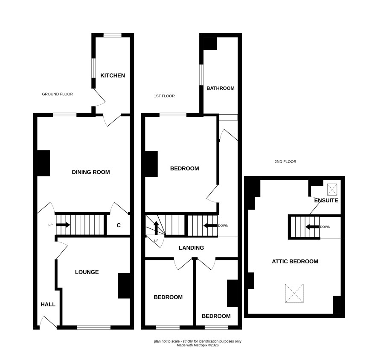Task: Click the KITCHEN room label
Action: click(x=113, y=75)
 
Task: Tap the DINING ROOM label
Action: click(x=91, y=172)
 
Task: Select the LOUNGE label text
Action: click(x=87, y=272)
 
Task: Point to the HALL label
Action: click(x=48, y=305)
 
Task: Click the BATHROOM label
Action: click(x=221, y=88)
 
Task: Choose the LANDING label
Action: click(x=192, y=248)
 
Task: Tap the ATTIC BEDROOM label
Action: click(x=295, y=262)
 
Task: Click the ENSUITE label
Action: click(x=326, y=201)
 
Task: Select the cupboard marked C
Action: click(x=119, y=225)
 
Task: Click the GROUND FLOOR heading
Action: click(x=57, y=94)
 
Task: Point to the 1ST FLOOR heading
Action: click(x=164, y=96)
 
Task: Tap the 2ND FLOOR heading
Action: click(x=285, y=162)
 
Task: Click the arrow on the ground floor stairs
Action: click(x=63, y=225)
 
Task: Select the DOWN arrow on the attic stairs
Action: click(x=312, y=227)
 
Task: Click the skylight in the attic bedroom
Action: click(x=294, y=293)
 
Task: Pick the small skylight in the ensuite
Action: click(x=332, y=190)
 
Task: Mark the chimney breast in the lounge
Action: click(x=124, y=286)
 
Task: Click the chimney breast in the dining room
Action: click(x=44, y=163)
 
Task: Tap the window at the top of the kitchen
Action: click(x=113, y=35)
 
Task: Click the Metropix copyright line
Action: click(x=198, y=345)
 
